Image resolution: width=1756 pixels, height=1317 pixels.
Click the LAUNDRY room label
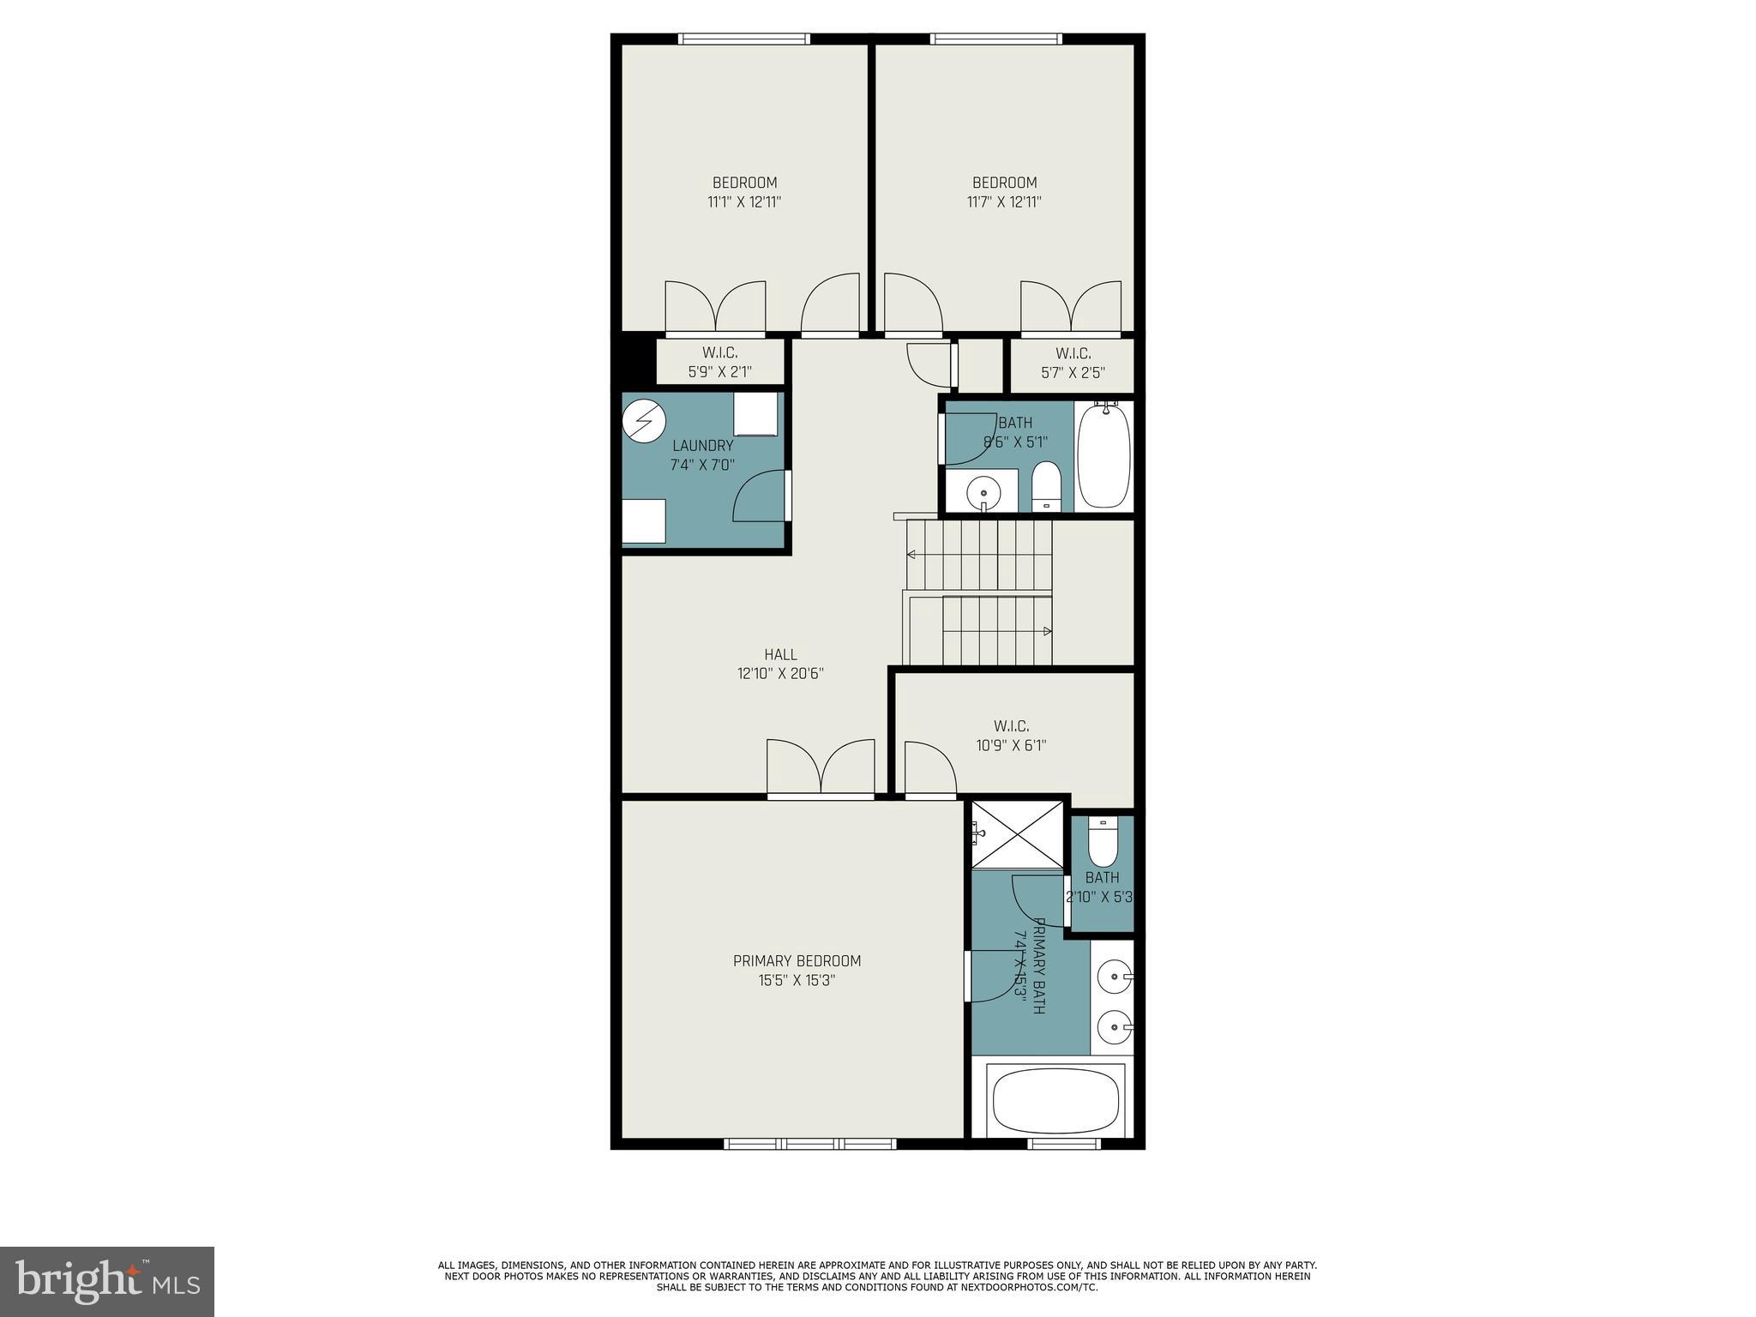point(702,446)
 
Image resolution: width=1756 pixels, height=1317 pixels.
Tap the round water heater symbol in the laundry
point(643,421)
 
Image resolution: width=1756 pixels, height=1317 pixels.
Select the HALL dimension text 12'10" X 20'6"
point(780,674)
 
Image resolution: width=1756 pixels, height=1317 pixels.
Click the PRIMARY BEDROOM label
point(797,961)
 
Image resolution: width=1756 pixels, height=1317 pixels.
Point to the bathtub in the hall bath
point(1104,456)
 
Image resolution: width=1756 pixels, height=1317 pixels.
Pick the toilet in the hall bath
point(1046,486)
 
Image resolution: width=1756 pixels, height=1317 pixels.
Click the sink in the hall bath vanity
point(983,493)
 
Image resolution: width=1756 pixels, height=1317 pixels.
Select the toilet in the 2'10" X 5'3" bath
point(1103,842)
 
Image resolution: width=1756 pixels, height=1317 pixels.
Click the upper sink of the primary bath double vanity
point(1114,976)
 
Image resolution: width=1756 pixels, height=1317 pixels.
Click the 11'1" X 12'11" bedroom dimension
point(744,202)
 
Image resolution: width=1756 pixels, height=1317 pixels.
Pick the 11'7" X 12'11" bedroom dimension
point(1004,202)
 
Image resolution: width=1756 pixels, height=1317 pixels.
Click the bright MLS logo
point(107,1281)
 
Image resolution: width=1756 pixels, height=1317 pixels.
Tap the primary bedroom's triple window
point(810,1143)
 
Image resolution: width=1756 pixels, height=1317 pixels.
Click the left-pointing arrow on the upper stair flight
point(911,555)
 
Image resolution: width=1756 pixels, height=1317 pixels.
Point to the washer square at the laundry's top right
point(755,414)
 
